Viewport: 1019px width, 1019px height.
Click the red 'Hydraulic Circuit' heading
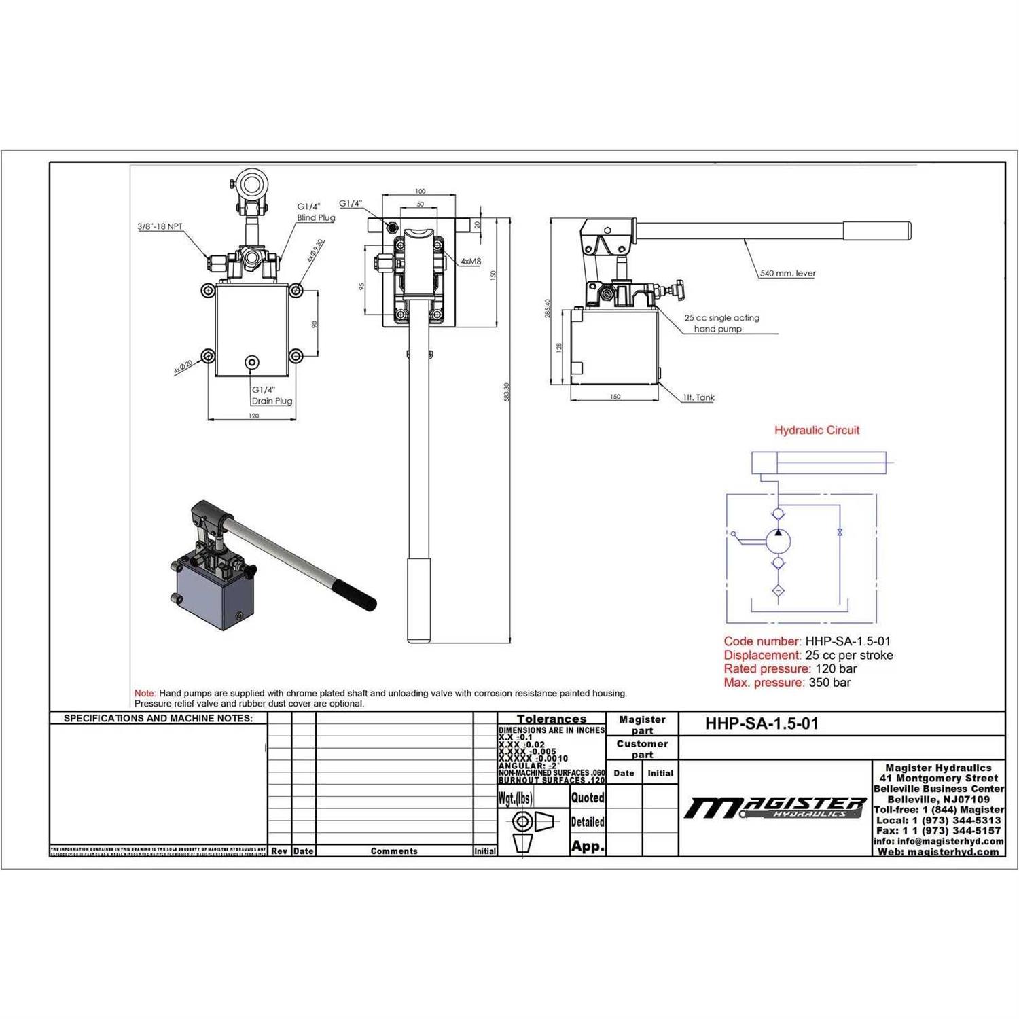click(817, 430)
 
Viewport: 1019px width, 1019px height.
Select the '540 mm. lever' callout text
click(787, 273)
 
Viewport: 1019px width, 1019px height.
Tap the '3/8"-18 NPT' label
click(160, 226)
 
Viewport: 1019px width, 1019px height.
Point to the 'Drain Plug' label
click(272, 401)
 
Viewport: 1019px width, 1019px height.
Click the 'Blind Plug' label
click(316, 218)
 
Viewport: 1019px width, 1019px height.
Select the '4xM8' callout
click(471, 262)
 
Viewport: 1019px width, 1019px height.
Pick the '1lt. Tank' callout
click(699, 397)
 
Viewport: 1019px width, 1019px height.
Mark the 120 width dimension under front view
click(253, 416)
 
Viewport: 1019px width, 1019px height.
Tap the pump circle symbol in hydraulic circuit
click(779, 541)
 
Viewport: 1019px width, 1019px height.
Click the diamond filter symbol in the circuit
click(779, 590)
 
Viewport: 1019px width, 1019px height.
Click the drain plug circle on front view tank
click(253, 362)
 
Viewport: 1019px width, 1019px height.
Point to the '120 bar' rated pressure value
click(836, 668)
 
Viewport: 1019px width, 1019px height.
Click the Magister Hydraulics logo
click(775, 807)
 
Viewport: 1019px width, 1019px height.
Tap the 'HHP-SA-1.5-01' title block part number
click(762, 723)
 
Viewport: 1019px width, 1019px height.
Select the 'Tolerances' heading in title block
click(551, 719)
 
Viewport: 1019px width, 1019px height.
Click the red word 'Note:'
click(145, 693)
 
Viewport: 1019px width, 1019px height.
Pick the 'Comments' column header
click(394, 851)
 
